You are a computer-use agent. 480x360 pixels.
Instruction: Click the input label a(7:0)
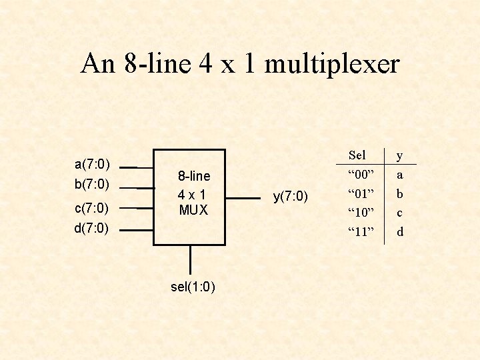click(x=92, y=164)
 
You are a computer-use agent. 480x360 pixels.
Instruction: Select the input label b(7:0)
click(x=92, y=183)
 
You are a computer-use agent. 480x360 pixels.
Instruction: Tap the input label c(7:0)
click(x=92, y=207)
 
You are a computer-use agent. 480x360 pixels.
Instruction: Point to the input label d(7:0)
click(x=92, y=228)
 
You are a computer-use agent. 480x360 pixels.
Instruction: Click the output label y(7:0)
click(x=291, y=196)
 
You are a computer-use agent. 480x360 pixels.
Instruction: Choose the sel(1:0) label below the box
click(x=192, y=287)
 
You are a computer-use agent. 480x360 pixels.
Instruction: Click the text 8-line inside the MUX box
click(x=193, y=176)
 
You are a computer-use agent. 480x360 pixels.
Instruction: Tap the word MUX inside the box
click(x=193, y=210)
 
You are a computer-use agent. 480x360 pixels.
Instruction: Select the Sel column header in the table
click(x=357, y=155)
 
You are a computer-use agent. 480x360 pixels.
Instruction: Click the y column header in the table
click(x=400, y=156)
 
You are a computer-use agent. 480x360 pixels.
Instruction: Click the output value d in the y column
click(x=400, y=233)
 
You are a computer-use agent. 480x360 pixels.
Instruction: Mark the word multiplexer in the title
click(x=332, y=65)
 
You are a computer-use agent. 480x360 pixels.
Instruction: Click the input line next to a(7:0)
click(x=137, y=167)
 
